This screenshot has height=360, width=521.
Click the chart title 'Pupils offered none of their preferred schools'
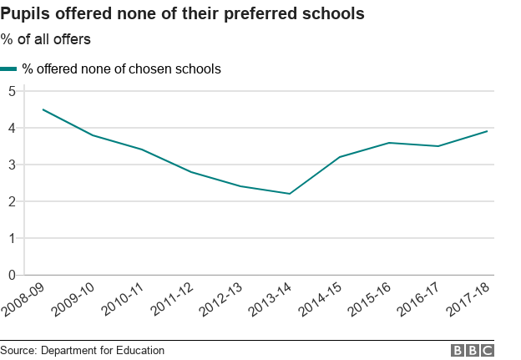pyautogui.click(x=182, y=15)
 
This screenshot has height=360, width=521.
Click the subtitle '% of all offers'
pyautogui.click(x=46, y=39)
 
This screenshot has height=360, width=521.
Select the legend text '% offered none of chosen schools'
pyautogui.click(x=121, y=69)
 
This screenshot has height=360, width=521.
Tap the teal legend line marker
pyautogui.click(x=9, y=69)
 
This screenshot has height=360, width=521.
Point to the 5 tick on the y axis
pyautogui.click(x=12, y=91)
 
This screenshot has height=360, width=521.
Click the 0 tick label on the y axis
pyautogui.click(x=12, y=275)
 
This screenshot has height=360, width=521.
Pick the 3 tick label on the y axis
pyautogui.click(x=12, y=165)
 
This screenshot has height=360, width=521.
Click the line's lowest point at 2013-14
pyautogui.click(x=290, y=194)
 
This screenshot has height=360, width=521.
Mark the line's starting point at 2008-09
pyautogui.click(x=43, y=109)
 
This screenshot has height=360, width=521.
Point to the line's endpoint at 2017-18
pyautogui.click(x=488, y=131)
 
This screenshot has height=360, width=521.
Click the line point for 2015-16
pyautogui.click(x=388, y=143)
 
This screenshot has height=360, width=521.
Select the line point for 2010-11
pyautogui.click(x=141, y=150)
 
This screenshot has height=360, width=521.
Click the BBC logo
pyautogui.click(x=473, y=351)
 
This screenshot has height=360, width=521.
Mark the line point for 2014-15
pyautogui.click(x=339, y=157)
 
